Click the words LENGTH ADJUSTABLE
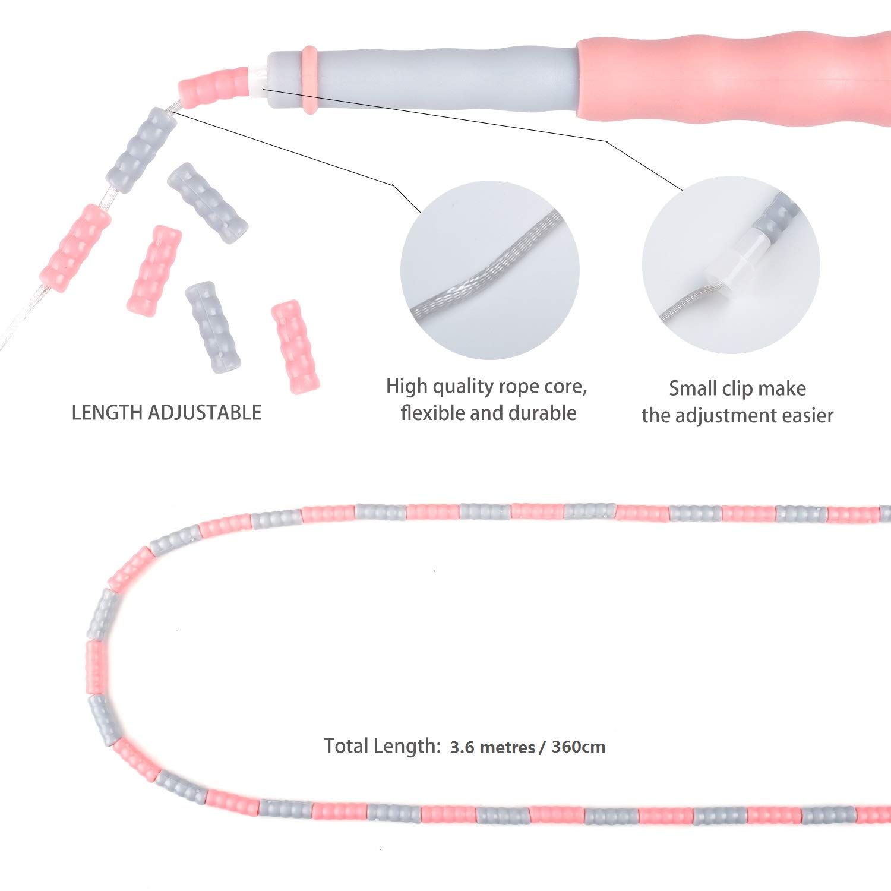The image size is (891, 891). point(166,413)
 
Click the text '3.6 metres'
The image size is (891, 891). point(492,747)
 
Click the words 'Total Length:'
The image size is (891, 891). point(381,746)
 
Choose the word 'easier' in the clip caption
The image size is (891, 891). point(807,416)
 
